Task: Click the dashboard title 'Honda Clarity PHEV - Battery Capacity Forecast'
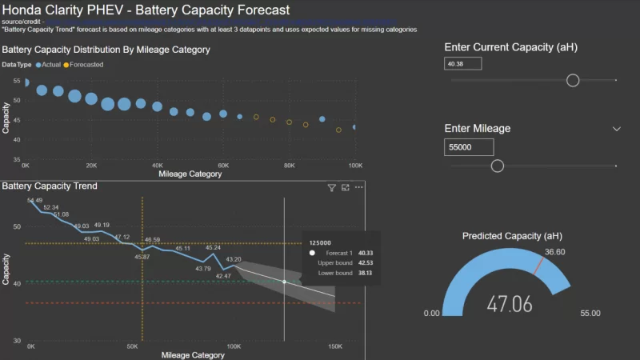[146, 10]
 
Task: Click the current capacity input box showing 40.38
[463, 63]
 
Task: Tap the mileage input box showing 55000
[469, 147]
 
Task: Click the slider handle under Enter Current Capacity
[573, 80]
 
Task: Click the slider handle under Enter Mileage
[498, 166]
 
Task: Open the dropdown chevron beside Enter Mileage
[617, 129]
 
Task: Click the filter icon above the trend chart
[332, 187]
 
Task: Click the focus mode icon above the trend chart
[346, 187]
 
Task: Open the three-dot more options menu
[359, 187]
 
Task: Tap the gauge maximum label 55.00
[590, 314]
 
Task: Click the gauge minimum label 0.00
[432, 314]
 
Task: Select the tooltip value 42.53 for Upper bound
[365, 262]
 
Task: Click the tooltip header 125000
[320, 242]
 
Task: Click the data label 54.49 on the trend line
[35, 200]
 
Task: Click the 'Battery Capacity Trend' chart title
[50, 186]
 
